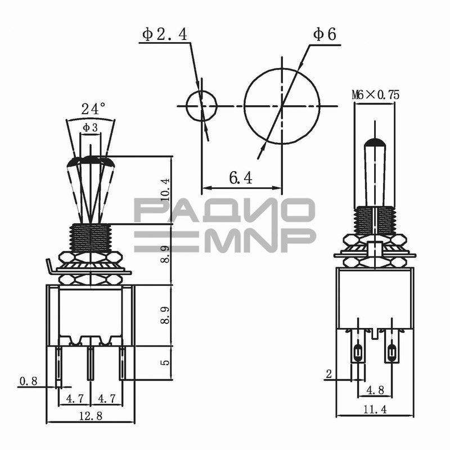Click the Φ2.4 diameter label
coord(164,34)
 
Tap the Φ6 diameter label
coord(325,34)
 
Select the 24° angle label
coord(93,109)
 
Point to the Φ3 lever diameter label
coord(91,128)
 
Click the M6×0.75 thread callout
coord(375,94)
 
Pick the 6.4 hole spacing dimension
coord(241,178)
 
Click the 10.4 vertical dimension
coord(165,190)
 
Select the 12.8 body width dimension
coord(91,416)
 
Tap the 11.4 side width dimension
coord(375,409)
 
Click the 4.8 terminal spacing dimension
coord(375,390)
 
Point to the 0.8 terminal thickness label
coord(29,381)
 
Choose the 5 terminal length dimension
coord(165,362)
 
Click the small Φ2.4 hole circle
coord(201,106)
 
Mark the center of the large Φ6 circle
coord(282,106)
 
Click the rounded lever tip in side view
coord(375,142)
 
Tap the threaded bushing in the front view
coord(91,238)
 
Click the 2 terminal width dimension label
coord(329,374)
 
